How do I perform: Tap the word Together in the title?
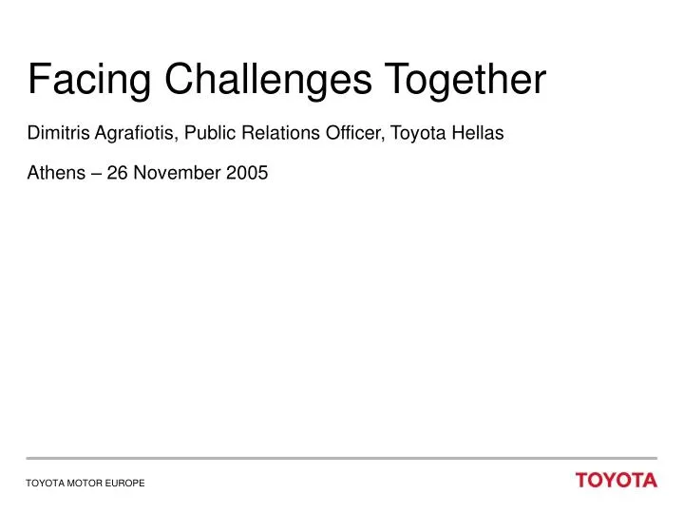click(465, 80)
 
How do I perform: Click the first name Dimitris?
click(57, 134)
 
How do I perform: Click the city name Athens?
click(53, 173)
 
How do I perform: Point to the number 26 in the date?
click(118, 173)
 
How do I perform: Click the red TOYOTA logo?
click(616, 481)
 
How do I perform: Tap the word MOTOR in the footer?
click(84, 484)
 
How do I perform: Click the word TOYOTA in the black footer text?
click(43, 484)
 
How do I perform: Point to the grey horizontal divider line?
click(342, 459)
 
